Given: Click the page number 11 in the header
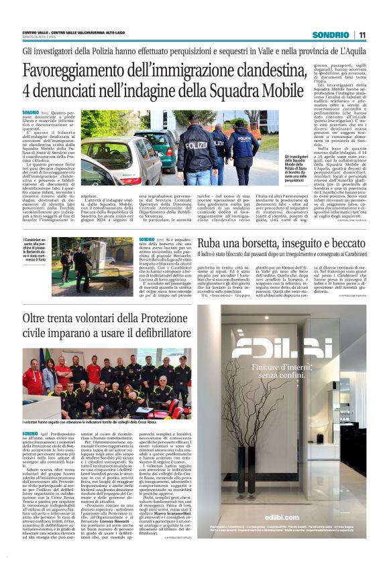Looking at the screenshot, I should click(362, 35).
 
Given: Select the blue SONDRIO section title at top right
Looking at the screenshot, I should click(331, 35).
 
